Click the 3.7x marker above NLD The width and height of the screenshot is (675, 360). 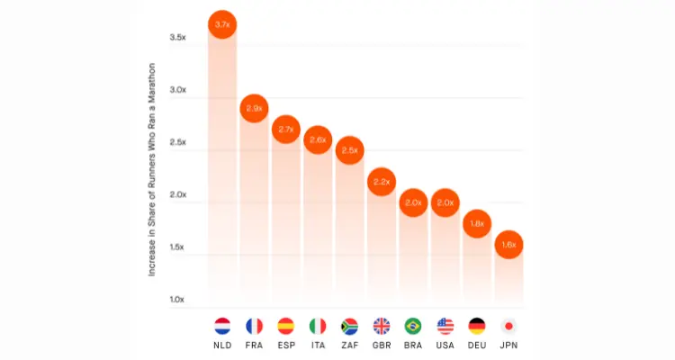point(222,24)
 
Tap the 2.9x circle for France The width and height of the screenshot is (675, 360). point(254,108)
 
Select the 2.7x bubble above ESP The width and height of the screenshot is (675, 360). point(286,130)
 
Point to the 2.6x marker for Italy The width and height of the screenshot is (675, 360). point(318,139)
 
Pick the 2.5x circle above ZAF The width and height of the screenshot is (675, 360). point(349,149)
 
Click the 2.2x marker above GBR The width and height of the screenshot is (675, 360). point(382,182)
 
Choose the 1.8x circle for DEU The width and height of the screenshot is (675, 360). point(477,223)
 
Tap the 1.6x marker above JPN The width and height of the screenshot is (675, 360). point(508,244)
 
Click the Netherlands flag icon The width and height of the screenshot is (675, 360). point(222,325)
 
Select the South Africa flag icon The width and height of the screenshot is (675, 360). point(349,325)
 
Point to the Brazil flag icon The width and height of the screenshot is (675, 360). point(413,325)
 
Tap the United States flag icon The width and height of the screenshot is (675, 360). point(445,325)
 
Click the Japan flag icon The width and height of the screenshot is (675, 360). point(508,325)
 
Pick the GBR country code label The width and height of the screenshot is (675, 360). point(382,345)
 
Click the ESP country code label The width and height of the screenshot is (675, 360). point(286,345)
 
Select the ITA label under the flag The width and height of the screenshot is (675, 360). point(318,345)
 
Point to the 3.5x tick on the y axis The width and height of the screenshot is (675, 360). point(177,38)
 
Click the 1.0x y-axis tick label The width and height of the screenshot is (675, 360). point(177,299)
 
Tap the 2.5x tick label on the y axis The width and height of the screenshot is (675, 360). point(177,142)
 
